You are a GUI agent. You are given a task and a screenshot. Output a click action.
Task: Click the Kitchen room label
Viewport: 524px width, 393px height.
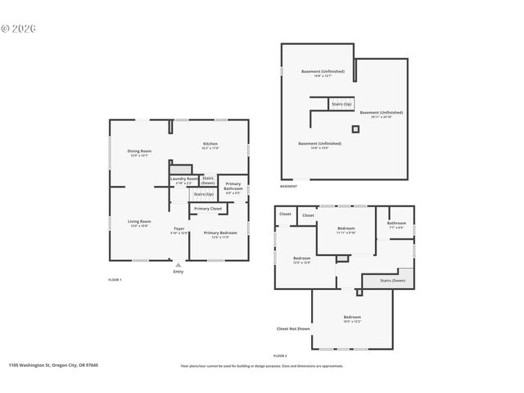(210, 144)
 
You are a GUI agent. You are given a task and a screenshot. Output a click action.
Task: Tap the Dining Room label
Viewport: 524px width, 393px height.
(139, 151)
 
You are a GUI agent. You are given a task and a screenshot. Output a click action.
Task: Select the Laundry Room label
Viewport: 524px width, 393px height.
(184, 178)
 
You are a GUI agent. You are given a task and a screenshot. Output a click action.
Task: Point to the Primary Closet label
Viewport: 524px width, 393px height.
(208, 209)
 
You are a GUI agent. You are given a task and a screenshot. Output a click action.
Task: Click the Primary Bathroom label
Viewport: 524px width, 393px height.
(233, 187)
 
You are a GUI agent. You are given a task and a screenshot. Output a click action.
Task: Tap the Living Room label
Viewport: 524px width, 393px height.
(139, 222)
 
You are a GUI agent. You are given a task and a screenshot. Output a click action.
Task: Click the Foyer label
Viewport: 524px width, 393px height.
(178, 228)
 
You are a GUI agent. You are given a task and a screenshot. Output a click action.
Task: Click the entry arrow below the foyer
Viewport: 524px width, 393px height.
(178, 264)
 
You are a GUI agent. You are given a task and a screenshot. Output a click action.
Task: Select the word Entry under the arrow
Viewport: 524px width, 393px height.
(178, 272)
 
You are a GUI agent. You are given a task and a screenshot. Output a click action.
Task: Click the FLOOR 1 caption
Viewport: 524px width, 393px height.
(115, 280)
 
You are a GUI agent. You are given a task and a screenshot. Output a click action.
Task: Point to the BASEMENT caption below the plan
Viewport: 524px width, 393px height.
(289, 187)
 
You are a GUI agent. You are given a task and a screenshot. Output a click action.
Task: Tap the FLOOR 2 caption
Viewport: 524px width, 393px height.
(280, 355)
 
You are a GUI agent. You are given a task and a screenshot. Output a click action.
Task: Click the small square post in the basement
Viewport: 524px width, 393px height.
(355, 129)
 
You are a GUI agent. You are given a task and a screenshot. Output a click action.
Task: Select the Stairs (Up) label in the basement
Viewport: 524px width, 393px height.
(341, 105)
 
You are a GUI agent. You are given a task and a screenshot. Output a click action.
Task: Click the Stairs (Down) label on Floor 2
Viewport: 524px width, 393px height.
(392, 281)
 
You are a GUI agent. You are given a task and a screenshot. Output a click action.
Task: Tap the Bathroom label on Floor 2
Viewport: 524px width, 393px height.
(396, 224)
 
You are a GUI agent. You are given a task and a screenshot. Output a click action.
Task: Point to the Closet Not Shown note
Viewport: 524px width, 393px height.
(293, 329)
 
